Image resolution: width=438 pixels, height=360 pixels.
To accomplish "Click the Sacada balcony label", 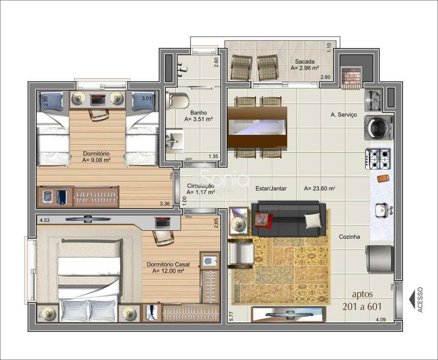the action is [305, 61].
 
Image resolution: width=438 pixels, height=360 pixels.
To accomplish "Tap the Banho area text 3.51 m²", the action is [199, 119].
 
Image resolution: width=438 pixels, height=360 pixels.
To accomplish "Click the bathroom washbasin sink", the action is [175, 141].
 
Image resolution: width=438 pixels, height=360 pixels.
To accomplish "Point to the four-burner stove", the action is [378, 159].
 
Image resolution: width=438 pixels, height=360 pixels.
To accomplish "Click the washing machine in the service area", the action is [379, 128].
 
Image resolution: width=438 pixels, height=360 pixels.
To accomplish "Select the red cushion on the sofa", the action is [263, 220].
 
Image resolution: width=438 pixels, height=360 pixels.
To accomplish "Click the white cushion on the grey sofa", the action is [312, 220].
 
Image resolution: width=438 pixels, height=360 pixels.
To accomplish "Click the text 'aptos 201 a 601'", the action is [362, 300].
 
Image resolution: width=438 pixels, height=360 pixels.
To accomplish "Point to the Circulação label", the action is [201, 186].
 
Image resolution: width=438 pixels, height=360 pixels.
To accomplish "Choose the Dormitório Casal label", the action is [168, 265].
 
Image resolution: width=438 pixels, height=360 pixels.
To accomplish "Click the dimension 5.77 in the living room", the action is [231, 316].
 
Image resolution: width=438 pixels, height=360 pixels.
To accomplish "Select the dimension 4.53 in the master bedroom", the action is [45, 220].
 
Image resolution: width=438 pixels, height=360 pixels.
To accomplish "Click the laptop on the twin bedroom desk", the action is [97, 100].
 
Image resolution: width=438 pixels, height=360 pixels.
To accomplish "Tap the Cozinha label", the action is [349, 237].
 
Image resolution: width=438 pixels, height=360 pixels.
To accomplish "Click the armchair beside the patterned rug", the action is [241, 253].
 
